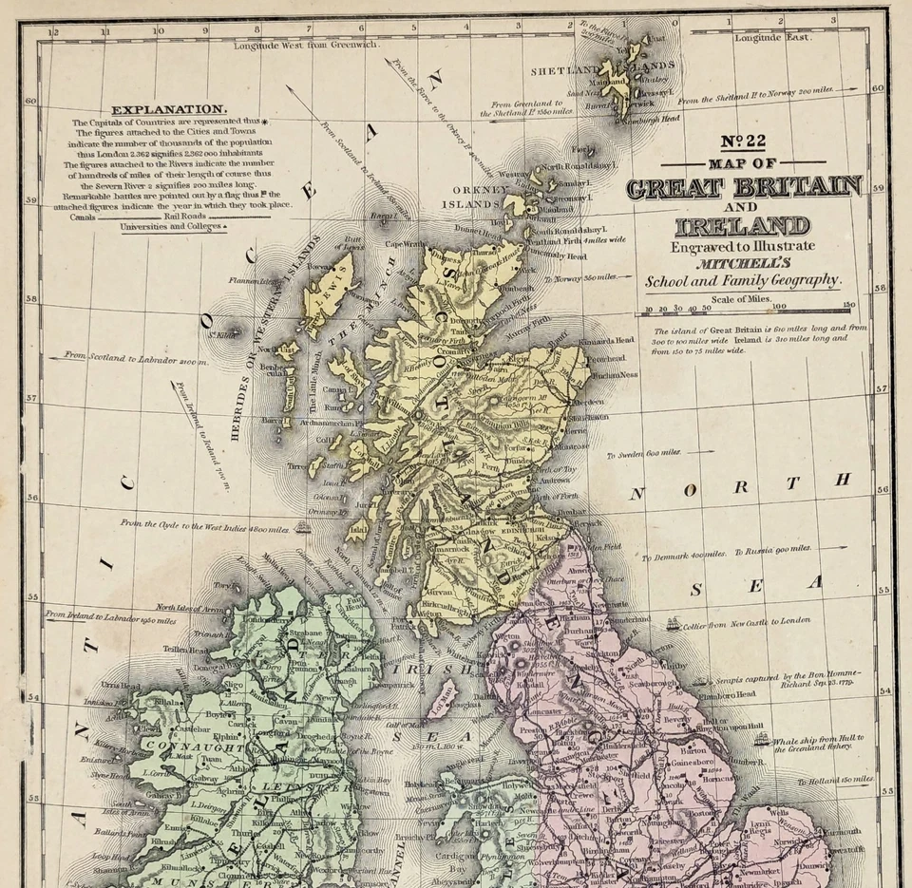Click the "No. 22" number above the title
[x=743, y=142]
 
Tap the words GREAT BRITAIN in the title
[x=744, y=186]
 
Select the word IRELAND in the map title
[x=743, y=226]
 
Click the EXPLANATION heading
[x=168, y=110]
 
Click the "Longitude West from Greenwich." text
[x=306, y=45]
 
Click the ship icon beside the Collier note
[x=673, y=624]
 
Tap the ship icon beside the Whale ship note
[x=760, y=738]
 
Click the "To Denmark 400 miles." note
[x=684, y=553]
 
